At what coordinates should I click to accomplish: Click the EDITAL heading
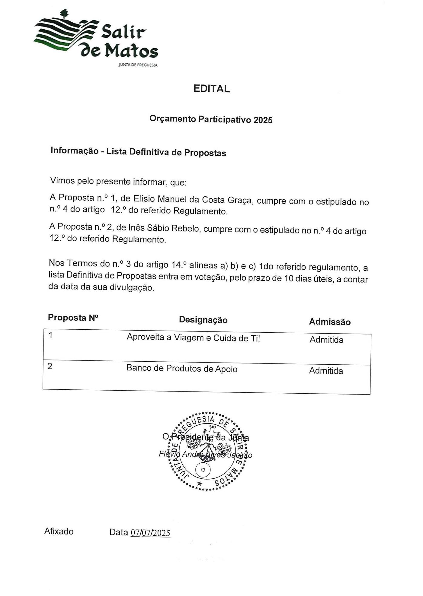211,89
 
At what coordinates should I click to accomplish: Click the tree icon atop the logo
64,13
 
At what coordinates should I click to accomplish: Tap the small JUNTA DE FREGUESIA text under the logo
138,65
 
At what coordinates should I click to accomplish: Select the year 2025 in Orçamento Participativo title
263,120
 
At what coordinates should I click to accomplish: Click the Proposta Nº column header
73,318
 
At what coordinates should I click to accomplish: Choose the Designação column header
203,320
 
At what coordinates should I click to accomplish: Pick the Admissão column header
330,322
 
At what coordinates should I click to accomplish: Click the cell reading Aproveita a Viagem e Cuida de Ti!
193,338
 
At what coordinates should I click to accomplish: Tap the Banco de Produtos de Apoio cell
182,368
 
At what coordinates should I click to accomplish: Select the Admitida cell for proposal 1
326,340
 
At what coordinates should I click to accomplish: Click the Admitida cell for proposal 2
326,371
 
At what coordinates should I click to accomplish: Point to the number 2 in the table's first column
50,366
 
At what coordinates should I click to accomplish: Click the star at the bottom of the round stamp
199,483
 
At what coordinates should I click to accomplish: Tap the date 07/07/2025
150,533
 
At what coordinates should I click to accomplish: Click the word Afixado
59,531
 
